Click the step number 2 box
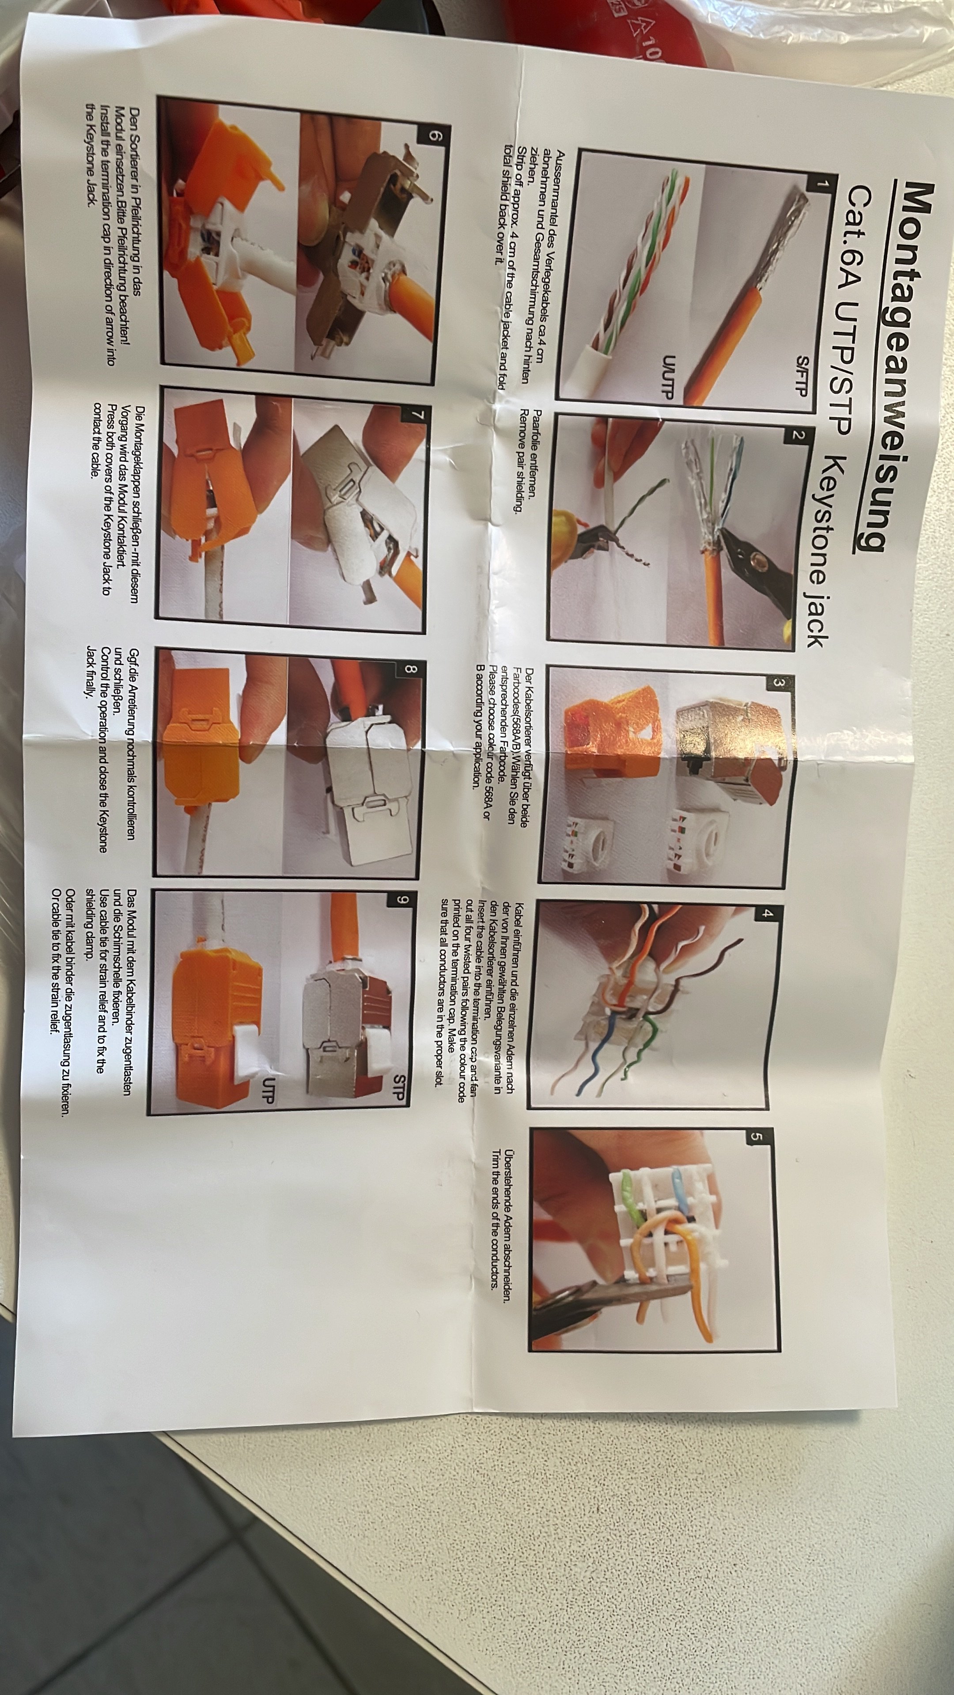(799, 435)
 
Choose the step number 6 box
(434, 136)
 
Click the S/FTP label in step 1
(802, 377)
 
